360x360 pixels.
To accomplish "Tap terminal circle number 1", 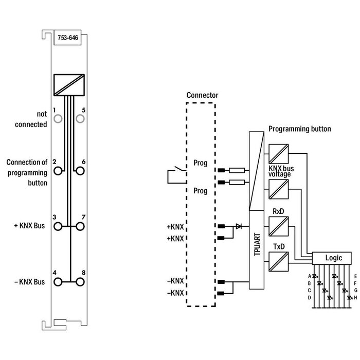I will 58,119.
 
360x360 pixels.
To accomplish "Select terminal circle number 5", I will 80,119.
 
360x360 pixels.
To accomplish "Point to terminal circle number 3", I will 58,226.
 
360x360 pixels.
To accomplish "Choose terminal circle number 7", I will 80,226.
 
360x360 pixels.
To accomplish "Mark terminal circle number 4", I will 58,281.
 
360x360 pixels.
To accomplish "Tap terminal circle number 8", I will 80,281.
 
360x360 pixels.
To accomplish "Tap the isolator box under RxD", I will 277,225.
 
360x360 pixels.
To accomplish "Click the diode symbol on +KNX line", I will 238,226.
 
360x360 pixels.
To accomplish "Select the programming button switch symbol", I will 174,175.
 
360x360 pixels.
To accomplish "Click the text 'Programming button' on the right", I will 299,129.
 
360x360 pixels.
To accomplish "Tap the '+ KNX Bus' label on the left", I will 30,226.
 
